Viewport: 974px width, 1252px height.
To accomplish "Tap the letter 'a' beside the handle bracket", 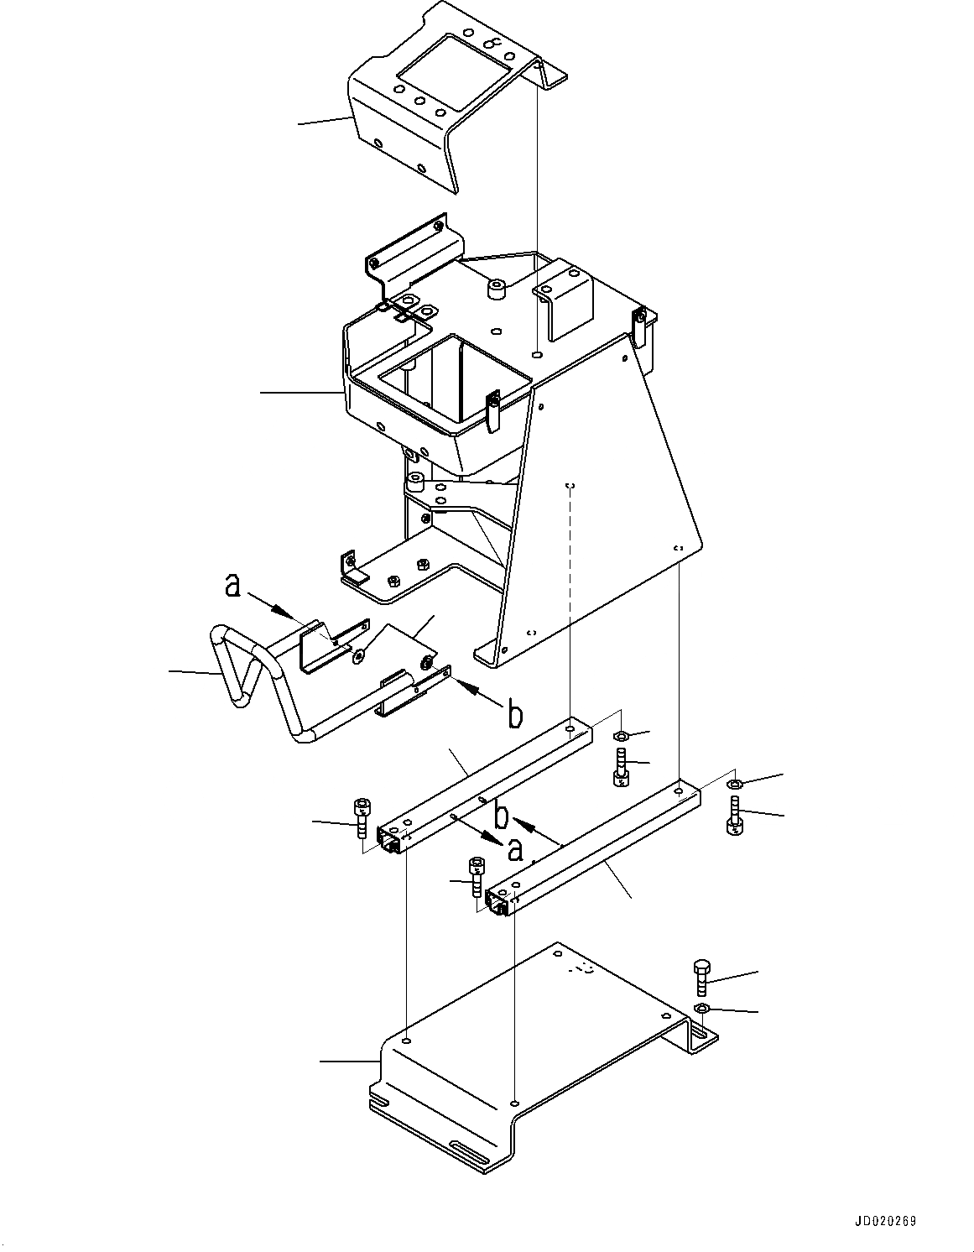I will click(x=233, y=586).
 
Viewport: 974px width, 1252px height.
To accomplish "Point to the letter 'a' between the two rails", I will click(x=514, y=849).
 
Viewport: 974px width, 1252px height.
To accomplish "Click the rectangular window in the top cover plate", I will click(x=452, y=73).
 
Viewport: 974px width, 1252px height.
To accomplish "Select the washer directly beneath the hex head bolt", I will click(x=702, y=1008).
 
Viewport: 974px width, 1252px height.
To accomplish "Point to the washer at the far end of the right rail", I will click(x=732, y=784).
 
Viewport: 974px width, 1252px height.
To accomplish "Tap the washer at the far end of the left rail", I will click(x=620, y=736).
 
